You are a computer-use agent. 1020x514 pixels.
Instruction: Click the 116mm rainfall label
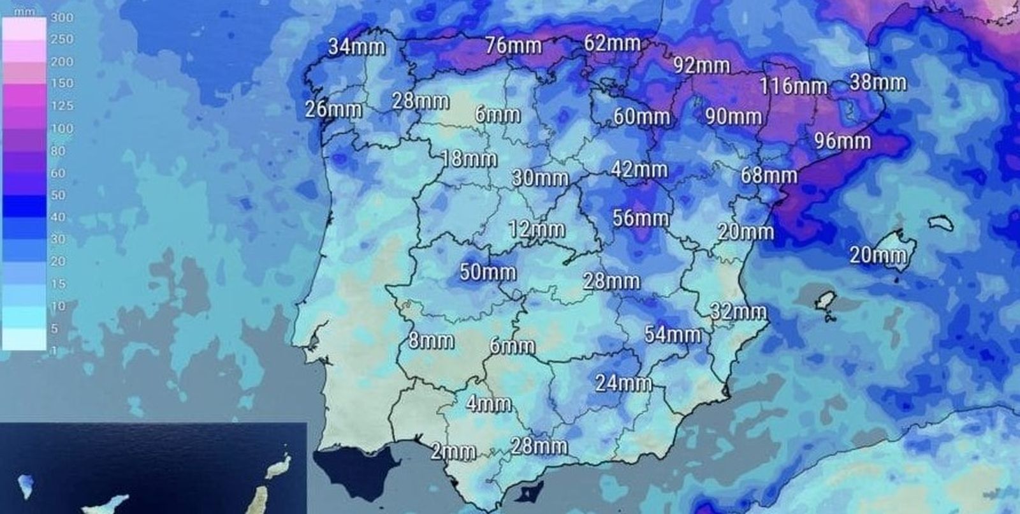[x=793, y=85]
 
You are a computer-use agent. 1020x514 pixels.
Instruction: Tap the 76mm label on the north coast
[x=513, y=45]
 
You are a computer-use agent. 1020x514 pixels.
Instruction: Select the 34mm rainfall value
[x=356, y=47]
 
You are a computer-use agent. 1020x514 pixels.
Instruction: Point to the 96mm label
[x=842, y=140]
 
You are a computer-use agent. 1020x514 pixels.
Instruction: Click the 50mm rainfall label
[x=488, y=272]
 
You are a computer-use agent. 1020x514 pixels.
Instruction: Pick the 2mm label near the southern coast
[x=453, y=452]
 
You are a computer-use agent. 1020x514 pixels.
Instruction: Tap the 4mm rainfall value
[x=488, y=403]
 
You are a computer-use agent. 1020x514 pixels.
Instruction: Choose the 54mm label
[x=672, y=334]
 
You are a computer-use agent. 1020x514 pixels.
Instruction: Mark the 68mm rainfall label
[x=768, y=175]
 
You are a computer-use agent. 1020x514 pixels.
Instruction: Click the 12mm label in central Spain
[x=536, y=229]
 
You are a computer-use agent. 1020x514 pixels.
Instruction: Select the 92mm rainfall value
[x=701, y=65]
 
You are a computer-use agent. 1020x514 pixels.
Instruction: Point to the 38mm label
[x=877, y=82]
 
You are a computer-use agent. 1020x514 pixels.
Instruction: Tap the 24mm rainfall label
[x=623, y=383]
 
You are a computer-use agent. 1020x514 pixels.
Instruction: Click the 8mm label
[x=431, y=340]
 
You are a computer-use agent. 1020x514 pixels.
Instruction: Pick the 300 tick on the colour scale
[x=62, y=17]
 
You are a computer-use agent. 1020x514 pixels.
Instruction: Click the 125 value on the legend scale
[x=62, y=106]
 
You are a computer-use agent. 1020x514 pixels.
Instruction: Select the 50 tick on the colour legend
[x=58, y=195]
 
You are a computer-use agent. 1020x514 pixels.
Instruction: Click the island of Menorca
[x=941, y=223]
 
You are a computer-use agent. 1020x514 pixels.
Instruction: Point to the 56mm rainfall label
[x=640, y=217]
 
